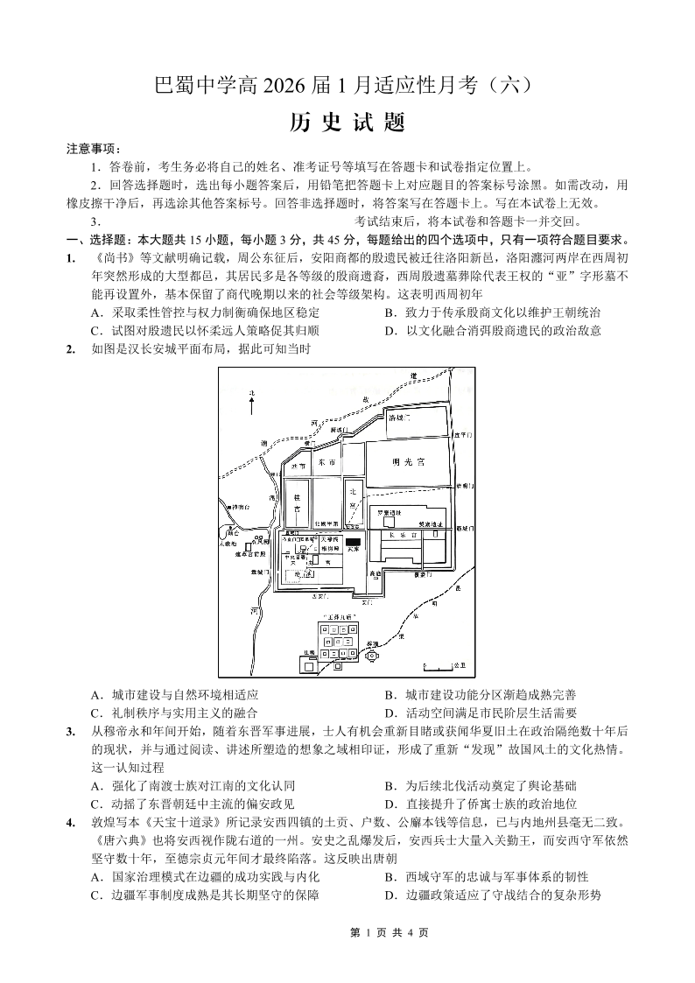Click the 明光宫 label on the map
coord(408,462)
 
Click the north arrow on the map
coord(251,404)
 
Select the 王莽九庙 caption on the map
coord(336,617)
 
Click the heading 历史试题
coord(347,123)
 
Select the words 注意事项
coord(94,150)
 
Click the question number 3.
coord(69,730)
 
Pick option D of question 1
coord(492,330)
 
